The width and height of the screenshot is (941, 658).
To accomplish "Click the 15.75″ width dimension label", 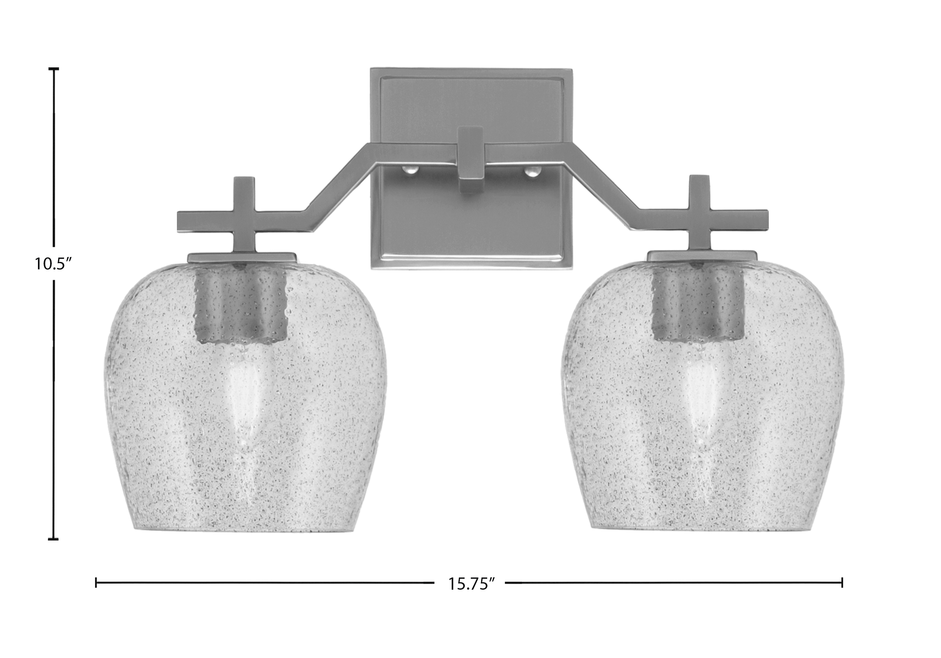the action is [x=469, y=583].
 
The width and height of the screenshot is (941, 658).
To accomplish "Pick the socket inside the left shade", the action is [x=240, y=302].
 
